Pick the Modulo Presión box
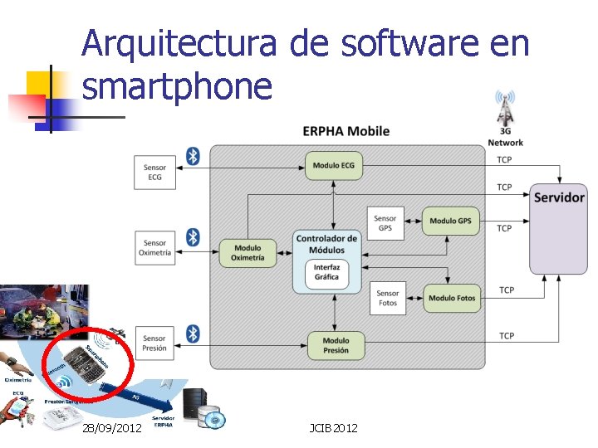pyautogui.click(x=336, y=345)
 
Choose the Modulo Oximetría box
pyautogui.click(x=248, y=252)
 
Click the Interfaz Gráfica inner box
pyautogui.click(x=326, y=273)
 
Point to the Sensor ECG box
pyautogui.click(x=154, y=173)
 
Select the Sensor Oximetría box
pyautogui.click(x=154, y=248)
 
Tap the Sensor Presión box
pyautogui.click(x=154, y=343)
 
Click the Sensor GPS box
pyautogui.click(x=385, y=223)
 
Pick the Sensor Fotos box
pyautogui.click(x=387, y=298)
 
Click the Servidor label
pyautogui.click(x=559, y=197)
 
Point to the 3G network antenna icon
pyautogui.click(x=504, y=108)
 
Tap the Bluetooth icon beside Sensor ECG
pyautogui.click(x=193, y=156)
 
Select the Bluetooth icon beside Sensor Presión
pyautogui.click(x=193, y=334)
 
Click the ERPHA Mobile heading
pyautogui.click(x=346, y=131)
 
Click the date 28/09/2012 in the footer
pyautogui.click(x=112, y=427)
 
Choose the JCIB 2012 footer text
pyautogui.click(x=333, y=427)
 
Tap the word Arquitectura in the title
pyautogui.click(x=179, y=44)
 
